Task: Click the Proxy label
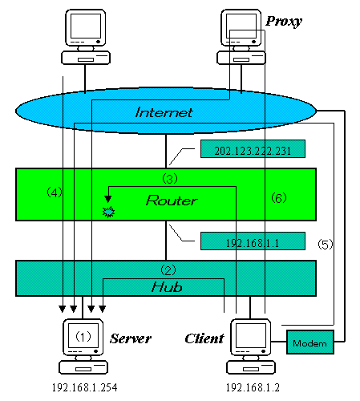pos(284,22)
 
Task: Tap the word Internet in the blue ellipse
pos(164,112)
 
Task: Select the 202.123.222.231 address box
pos(253,148)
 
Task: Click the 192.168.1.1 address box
pos(253,241)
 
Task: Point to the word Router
pos(172,200)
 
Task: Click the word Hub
pos(167,287)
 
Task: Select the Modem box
pos(310,342)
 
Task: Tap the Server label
pos(131,338)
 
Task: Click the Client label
pos(204,338)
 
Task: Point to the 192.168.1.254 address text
pos(84,387)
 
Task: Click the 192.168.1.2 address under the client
pos(253,387)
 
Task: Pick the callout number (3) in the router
pos(170,178)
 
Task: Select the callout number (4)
pos(55,192)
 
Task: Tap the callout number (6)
pos(279,198)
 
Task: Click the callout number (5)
pos(326,244)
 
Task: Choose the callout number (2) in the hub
pos(168,270)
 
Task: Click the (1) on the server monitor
pos(83,336)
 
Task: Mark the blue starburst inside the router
pos(108,213)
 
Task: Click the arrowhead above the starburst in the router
pos(108,199)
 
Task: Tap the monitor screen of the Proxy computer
pos(241,26)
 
